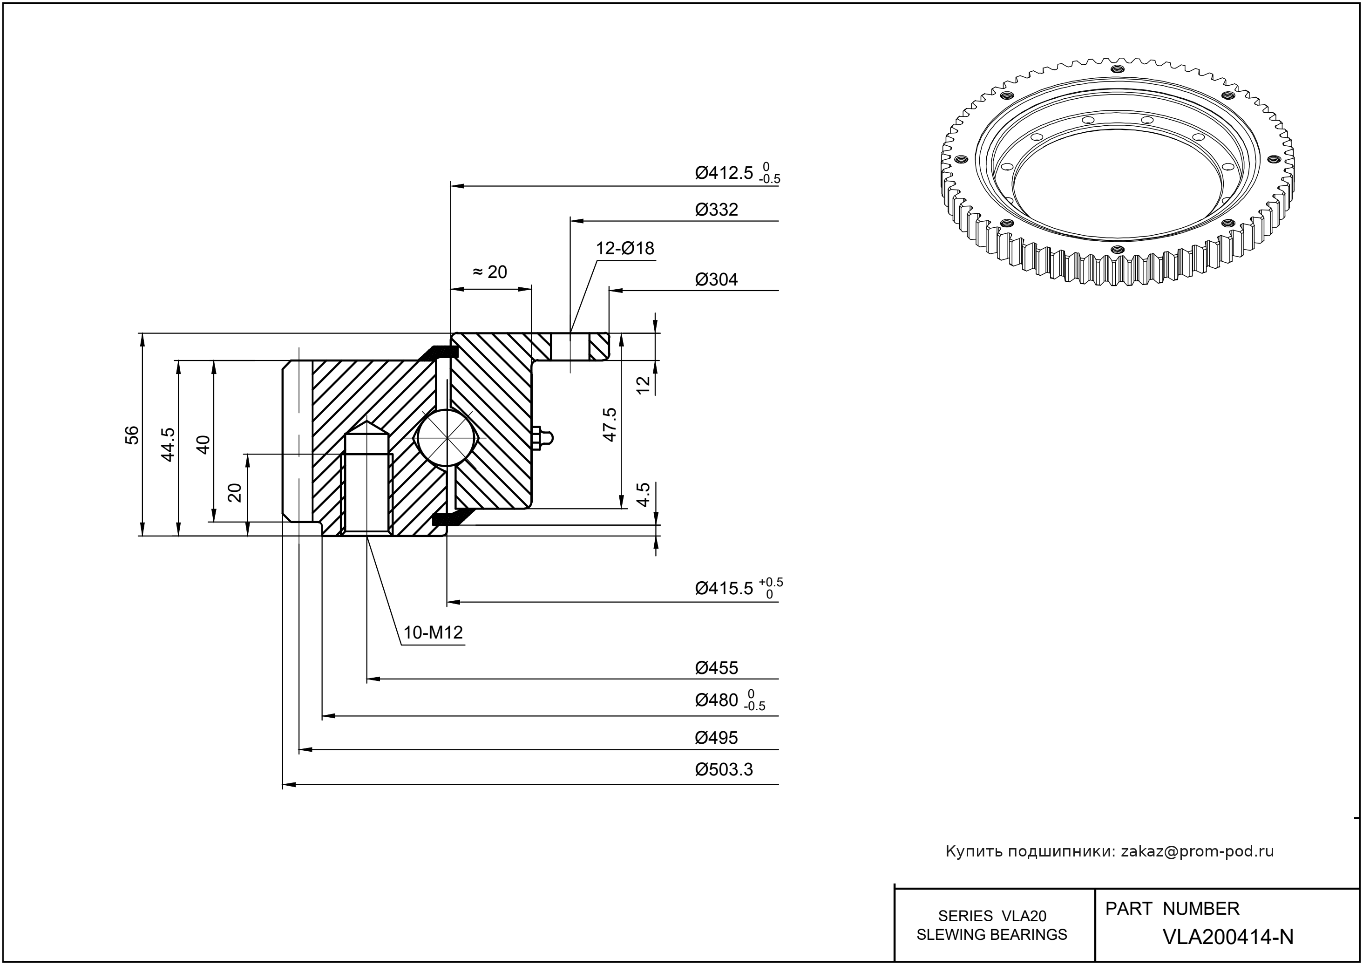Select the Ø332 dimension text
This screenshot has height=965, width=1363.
click(x=717, y=210)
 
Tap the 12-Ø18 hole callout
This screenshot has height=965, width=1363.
click(x=625, y=248)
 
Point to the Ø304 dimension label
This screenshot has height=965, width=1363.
click(x=717, y=280)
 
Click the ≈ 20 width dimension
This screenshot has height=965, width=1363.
click(x=490, y=272)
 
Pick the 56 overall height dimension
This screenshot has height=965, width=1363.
click(x=132, y=435)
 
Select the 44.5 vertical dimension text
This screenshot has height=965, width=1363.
click(x=168, y=444)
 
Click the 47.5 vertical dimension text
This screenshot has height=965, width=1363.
click(x=610, y=424)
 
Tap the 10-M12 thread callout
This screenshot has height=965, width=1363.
click(x=433, y=633)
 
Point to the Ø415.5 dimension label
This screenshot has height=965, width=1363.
click(x=724, y=589)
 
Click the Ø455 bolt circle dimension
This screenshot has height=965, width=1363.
click(x=717, y=668)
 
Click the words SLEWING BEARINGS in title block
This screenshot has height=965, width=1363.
click(x=992, y=935)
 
